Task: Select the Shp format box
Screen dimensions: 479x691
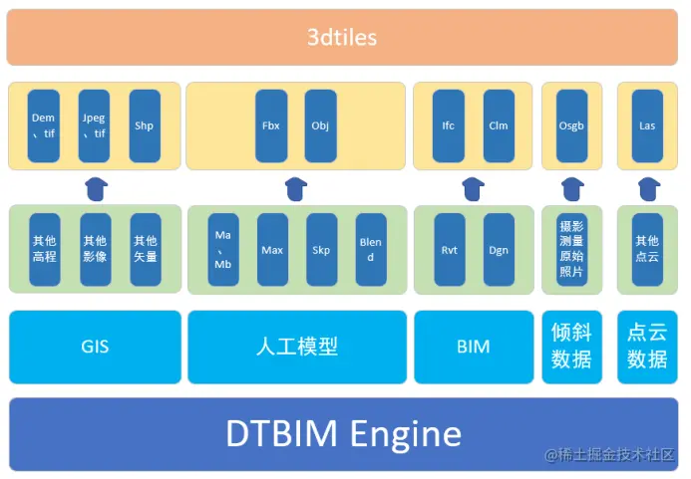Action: point(145,126)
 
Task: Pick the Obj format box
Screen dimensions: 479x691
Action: point(320,126)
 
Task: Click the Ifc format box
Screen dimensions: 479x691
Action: point(449,126)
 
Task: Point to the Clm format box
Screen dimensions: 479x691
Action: point(499,126)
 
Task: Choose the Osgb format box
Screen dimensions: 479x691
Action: point(571,126)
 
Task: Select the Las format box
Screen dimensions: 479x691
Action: point(647,126)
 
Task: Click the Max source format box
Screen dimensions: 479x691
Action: point(272,250)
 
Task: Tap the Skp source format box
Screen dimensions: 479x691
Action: point(321,250)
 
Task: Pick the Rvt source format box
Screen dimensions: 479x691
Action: point(450,250)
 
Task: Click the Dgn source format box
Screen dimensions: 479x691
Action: point(499,250)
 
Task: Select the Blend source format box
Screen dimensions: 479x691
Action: point(371,250)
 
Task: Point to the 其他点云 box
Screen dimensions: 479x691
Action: point(647,249)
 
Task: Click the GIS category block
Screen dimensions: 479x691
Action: point(96,347)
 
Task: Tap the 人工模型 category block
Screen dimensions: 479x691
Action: point(297,347)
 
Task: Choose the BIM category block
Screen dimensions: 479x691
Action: point(474,347)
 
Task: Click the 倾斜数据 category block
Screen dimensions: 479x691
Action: point(571,347)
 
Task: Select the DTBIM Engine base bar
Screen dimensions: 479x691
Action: point(344,434)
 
